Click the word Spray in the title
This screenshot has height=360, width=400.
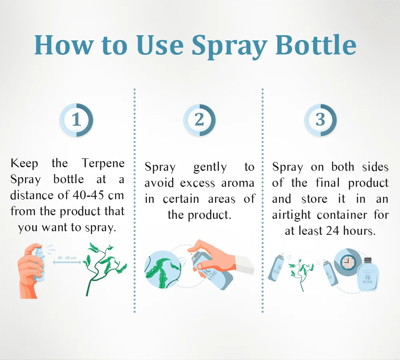pos(229,46)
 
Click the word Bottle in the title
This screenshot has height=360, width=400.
pos(316,45)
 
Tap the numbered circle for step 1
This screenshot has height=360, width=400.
pos(76,120)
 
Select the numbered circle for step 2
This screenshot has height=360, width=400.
pos(200,120)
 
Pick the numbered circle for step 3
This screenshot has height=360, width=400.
pos(321,120)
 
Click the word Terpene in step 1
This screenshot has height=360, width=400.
pos(103,164)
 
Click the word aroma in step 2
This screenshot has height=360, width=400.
pos(238,183)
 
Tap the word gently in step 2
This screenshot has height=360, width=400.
pos(210,168)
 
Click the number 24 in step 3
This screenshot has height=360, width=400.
pos(332,231)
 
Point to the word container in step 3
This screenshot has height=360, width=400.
pos(342,215)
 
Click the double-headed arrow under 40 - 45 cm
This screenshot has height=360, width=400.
pos(67,262)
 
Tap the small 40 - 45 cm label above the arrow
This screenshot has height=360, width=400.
pos(67,258)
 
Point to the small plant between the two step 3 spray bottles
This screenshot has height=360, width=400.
pos(301,274)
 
